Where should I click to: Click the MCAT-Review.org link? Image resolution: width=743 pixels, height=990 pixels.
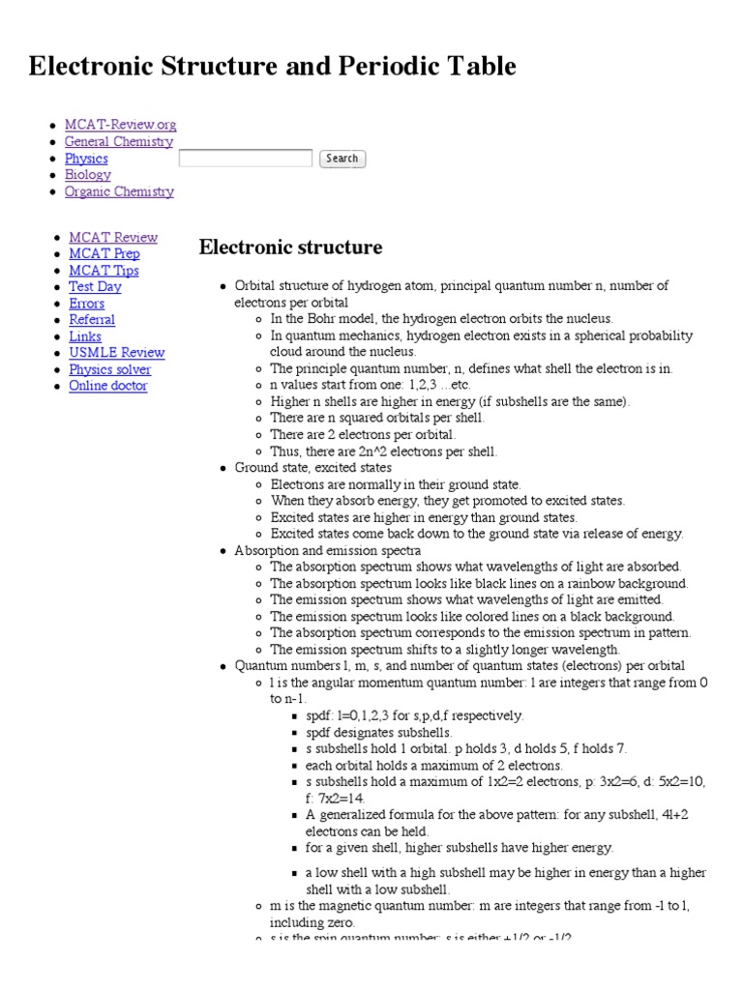[x=120, y=125]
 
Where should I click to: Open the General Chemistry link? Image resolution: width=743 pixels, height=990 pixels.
[x=118, y=141]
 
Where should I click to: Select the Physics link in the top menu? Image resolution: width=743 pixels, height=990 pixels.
[x=86, y=159]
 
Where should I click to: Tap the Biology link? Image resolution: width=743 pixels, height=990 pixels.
[x=87, y=175]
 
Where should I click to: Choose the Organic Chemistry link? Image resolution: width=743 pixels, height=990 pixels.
[x=119, y=191]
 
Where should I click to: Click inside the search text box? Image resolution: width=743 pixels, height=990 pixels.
[x=246, y=159]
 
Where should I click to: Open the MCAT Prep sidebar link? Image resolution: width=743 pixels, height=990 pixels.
[x=104, y=253]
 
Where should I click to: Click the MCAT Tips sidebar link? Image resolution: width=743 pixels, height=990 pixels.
[x=104, y=271]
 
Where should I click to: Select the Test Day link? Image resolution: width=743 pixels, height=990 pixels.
[x=95, y=287]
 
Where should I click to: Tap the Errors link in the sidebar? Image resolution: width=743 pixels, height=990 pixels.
[x=86, y=304]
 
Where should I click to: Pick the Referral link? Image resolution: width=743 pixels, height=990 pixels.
[x=92, y=320]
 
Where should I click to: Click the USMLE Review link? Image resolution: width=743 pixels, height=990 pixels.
[x=116, y=353]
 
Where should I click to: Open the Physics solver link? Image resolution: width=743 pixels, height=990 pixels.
[x=109, y=369]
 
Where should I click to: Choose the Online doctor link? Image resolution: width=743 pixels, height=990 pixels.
[x=107, y=386]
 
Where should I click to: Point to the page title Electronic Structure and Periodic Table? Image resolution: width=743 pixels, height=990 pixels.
[x=273, y=66]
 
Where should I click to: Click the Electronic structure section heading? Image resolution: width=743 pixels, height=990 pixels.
[x=290, y=247]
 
